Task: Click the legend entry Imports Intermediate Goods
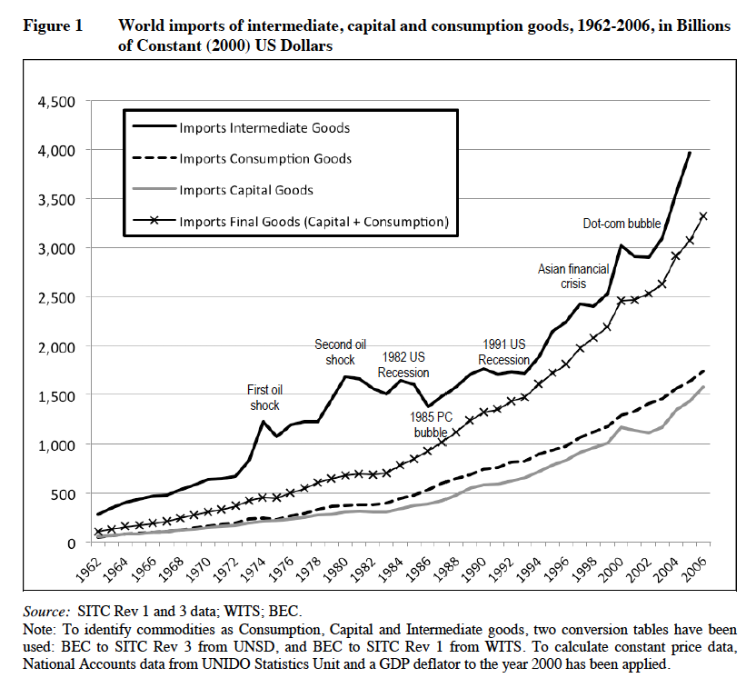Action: pyautogui.click(x=264, y=127)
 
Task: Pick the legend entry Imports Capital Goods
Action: pyautogui.click(x=246, y=190)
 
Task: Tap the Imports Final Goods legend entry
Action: pyautogui.click(x=313, y=221)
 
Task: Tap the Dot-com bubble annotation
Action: pyautogui.click(x=622, y=224)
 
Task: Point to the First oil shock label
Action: pyautogui.click(x=264, y=397)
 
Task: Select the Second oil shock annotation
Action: pyautogui.click(x=340, y=352)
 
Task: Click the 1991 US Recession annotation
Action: pyautogui.click(x=504, y=352)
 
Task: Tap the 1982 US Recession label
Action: pyautogui.click(x=403, y=364)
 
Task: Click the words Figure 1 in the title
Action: pyautogui.click(x=53, y=26)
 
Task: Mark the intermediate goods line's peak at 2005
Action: pyautogui.click(x=690, y=153)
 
